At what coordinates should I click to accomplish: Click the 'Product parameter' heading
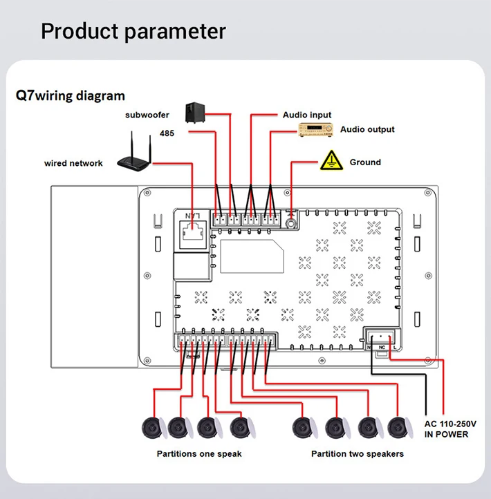click(133, 31)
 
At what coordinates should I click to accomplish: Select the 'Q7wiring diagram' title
click(71, 95)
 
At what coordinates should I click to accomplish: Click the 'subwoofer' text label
click(147, 115)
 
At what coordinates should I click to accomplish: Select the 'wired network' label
click(73, 164)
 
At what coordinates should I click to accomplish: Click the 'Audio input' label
click(307, 115)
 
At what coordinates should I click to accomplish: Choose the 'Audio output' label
click(367, 129)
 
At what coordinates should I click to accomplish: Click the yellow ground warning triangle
click(332, 160)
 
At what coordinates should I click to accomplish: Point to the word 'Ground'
click(365, 162)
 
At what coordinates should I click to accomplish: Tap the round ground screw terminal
click(291, 222)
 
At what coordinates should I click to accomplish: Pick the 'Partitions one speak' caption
click(199, 454)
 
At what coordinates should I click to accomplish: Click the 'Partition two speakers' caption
click(358, 454)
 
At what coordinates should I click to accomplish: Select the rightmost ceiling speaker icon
click(398, 428)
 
